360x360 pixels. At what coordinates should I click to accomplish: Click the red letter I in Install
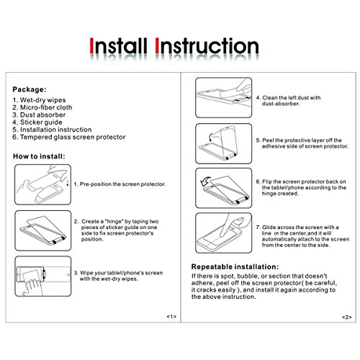pyautogui.click(x=91, y=45)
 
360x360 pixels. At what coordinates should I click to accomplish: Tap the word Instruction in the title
pyautogui.click(x=207, y=45)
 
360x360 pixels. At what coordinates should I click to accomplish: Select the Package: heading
pyautogui.click(x=30, y=89)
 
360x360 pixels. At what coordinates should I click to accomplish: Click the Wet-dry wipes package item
pyautogui.click(x=39, y=100)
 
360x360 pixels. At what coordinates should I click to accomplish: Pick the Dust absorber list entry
pyautogui.click(x=39, y=114)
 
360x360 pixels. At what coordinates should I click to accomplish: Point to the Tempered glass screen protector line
pyautogui.click(x=69, y=137)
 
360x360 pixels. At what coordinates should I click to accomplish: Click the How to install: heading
pyautogui.click(x=39, y=156)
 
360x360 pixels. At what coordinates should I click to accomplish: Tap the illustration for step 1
pyautogui.click(x=43, y=184)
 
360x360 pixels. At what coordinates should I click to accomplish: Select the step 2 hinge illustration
pyautogui.click(x=43, y=230)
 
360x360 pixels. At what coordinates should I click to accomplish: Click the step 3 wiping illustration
pyautogui.click(x=43, y=276)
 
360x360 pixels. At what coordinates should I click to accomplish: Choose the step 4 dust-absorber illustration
pyautogui.click(x=224, y=97)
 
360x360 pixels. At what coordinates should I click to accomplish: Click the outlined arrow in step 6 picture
pyautogui.click(x=205, y=181)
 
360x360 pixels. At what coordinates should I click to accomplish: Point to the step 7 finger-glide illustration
pyautogui.click(x=224, y=233)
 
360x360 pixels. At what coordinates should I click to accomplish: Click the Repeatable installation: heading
pyautogui.click(x=235, y=267)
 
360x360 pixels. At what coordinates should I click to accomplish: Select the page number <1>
pyautogui.click(x=171, y=317)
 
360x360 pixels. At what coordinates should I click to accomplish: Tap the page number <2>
pyautogui.click(x=347, y=318)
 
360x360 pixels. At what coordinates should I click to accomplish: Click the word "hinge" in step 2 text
pyautogui.click(x=114, y=221)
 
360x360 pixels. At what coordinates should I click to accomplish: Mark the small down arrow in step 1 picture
pyautogui.click(x=68, y=183)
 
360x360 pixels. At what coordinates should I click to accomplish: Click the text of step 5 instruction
pyautogui.click(x=302, y=143)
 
